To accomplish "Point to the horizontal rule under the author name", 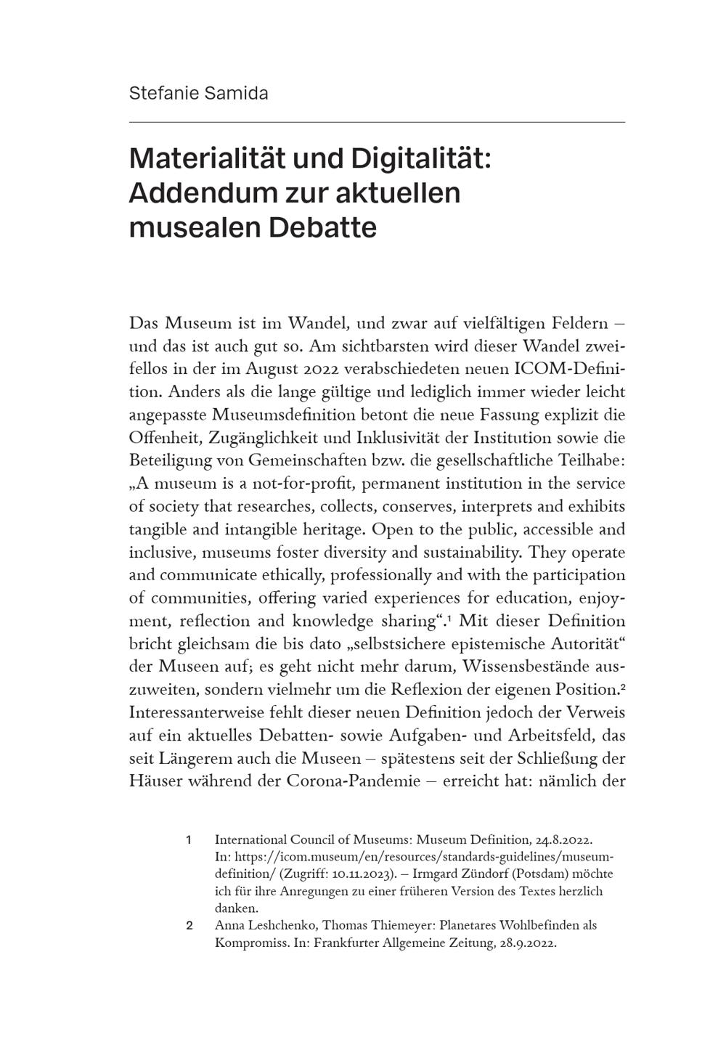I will coord(376,122).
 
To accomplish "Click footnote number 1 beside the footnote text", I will coord(189,840).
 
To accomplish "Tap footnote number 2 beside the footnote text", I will coord(189,926).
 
